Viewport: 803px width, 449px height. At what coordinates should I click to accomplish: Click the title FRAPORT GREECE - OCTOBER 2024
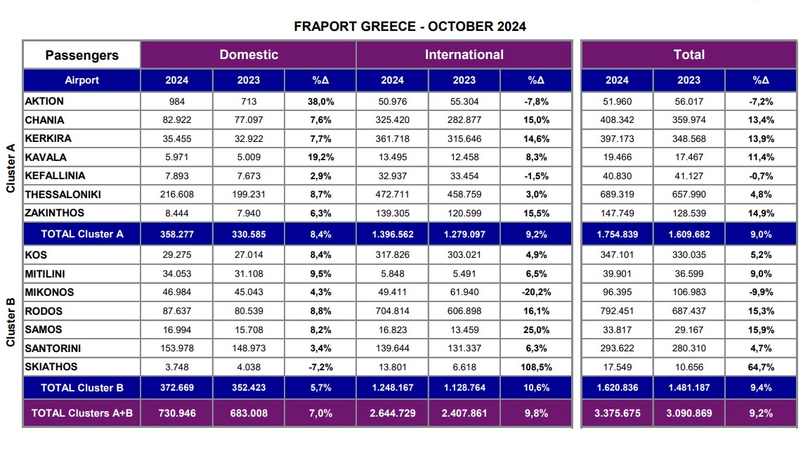pyautogui.click(x=410, y=27)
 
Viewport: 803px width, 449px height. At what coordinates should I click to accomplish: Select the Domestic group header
pyautogui.click(x=249, y=55)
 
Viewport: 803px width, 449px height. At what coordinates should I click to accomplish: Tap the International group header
pyautogui.click(x=464, y=55)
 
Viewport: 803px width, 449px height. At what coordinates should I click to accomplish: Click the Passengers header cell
pyautogui.click(x=82, y=56)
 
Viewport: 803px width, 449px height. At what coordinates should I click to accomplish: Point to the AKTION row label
pyautogui.click(x=44, y=101)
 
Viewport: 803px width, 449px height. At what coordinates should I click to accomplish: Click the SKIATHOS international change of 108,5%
pyautogui.click(x=536, y=367)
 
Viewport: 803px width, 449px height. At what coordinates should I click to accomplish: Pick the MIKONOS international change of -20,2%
pyautogui.click(x=536, y=292)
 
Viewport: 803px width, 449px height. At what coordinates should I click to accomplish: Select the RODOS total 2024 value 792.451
pyautogui.click(x=616, y=311)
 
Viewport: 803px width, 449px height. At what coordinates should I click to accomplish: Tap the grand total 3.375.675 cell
pyautogui.click(x=616, y=413)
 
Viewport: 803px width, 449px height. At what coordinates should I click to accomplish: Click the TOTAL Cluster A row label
pyautogui.click(x=82, y=234)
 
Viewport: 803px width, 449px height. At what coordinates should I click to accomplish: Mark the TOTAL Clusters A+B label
pyautogui.click(x=82, y=413)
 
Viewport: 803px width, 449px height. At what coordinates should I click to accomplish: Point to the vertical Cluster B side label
pyautogui.click(x=11, y=322)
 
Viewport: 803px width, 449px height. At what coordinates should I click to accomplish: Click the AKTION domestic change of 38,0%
pyautogui.click(x=320, y=101)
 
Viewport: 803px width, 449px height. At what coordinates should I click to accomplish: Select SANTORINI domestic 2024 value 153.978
pyautogui.click(x=176, y=349)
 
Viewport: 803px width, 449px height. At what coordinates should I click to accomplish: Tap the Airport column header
pyautogui.click(x=82, y=80)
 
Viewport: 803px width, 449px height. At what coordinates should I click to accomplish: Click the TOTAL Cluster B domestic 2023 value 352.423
pyautogui.click(x=249, y=388)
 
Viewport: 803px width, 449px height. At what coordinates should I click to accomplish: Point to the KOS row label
pyautogui.click(x=36, y=255)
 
